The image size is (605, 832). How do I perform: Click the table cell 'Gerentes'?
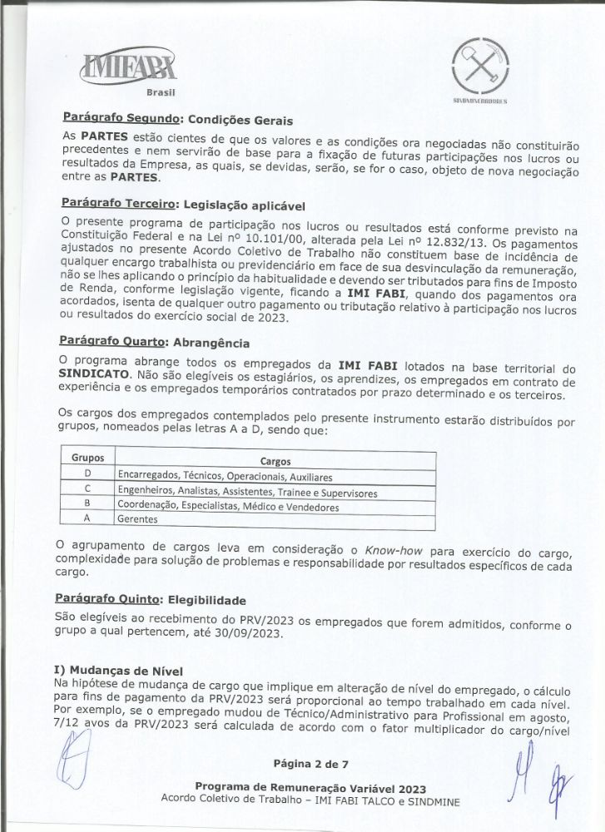(136, 518)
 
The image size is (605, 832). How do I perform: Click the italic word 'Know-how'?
(407, 551)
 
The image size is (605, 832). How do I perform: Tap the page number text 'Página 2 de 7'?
(303, 764)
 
